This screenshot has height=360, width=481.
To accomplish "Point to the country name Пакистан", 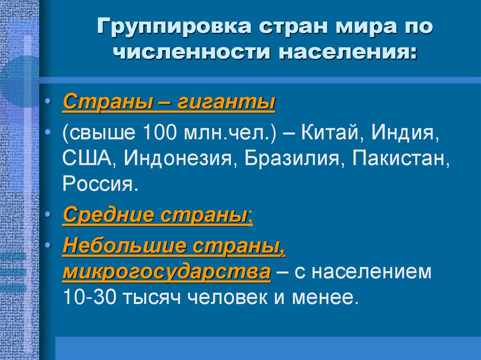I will click(x=397, y=160).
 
